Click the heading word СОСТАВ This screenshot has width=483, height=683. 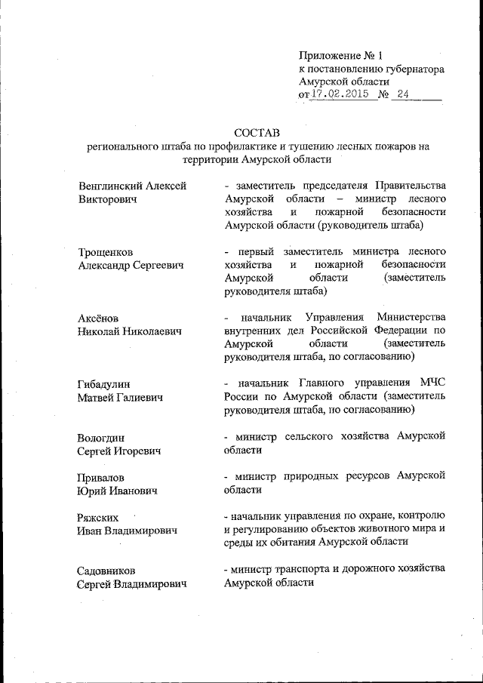click(x=257, y=134)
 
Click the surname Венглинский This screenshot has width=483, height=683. click(x=116, y=186)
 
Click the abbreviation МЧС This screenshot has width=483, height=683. click(x=430, y=382)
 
